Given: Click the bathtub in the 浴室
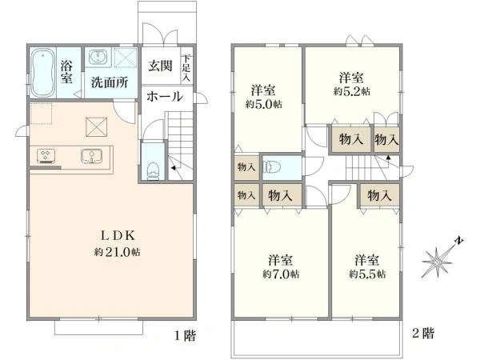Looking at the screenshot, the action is [x=43, y=73].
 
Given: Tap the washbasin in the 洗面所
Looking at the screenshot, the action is [x=98, y=57].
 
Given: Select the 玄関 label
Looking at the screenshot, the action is [x=161, y=66].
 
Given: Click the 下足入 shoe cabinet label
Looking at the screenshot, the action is [x=186, y=68].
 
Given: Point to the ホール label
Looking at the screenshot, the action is [x=165, y=97].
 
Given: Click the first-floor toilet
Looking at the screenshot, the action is [x=153, y=170].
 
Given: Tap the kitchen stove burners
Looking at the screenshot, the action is [x=46, y=155].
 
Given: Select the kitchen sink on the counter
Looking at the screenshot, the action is [x=91, y=155].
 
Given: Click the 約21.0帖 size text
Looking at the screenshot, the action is [x=118, y=252].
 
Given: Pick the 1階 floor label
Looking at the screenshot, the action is [x=185, y=336].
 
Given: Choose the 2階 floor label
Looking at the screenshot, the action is [x=423, y=333].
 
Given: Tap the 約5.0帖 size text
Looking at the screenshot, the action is [x=263, y=104].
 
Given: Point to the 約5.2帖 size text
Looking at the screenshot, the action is [x=351, y=91].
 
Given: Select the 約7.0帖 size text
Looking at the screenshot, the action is [x=281, y=274].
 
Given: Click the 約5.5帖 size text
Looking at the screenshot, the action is [x=367, y=274].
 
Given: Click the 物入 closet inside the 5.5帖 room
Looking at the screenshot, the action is [x=379, y=195].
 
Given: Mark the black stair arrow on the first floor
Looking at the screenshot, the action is [x=174, y=168].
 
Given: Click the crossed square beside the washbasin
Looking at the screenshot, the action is [x=126, y=58].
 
